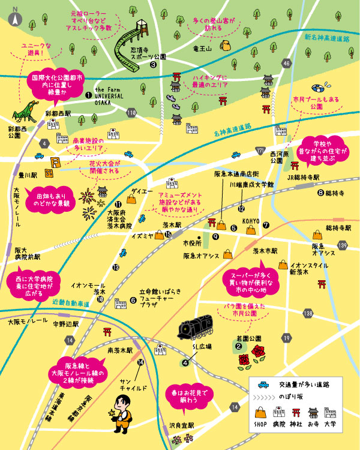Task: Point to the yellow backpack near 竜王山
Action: (x=227, y=46)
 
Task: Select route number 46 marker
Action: (x=287, y=63)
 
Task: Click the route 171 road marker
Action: (x=260, y=149)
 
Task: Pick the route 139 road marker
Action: (x=343, y=245)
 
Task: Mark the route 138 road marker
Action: (x=308, y=312)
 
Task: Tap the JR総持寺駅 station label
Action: (x=302, y=178)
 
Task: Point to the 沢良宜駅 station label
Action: (x=181, y=425)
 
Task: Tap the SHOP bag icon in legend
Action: (x=260, y=413)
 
